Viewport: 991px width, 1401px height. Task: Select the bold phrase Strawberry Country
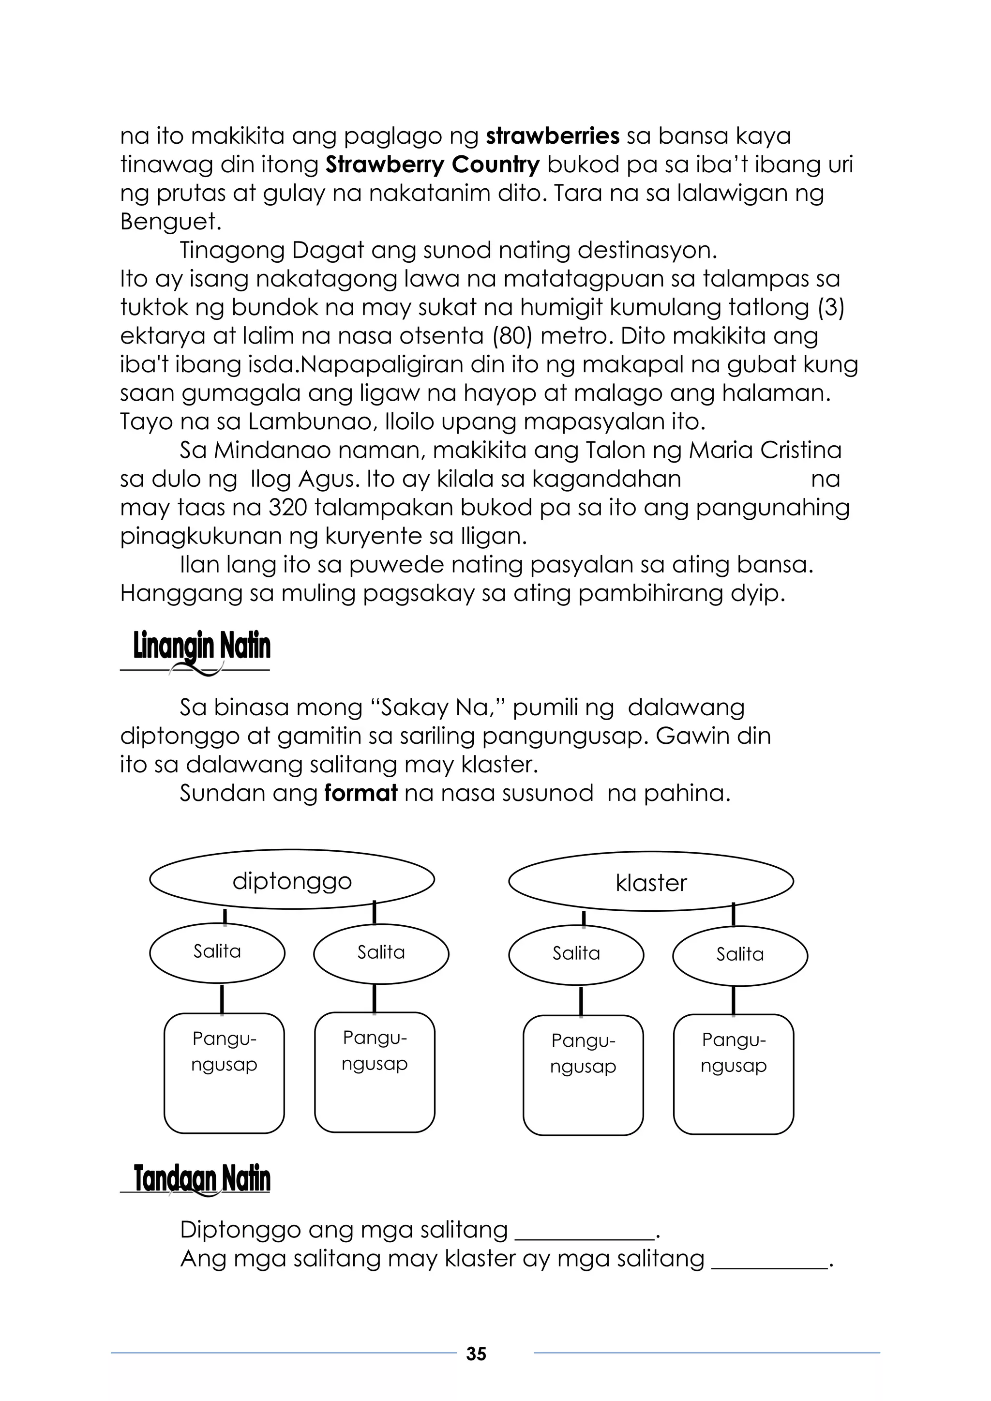click(433, 164)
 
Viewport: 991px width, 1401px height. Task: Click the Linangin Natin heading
click(201, 648)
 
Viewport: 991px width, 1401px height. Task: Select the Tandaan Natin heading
click(201, 1178)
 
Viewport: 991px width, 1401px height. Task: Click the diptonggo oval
click(292, 881)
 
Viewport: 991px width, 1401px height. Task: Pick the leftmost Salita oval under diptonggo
click(217, 951)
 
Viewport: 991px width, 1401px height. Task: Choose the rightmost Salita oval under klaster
click(739, 954)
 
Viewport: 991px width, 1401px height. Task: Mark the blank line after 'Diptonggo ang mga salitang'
click(585, 1237)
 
